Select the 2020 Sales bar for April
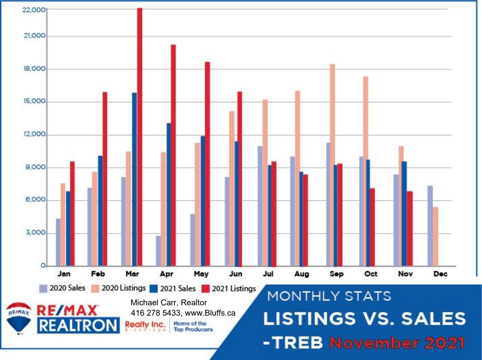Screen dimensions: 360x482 click(x=158, y=251)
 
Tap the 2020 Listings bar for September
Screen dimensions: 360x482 click(x=332, y=165)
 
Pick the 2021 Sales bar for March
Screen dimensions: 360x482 click(x=134, y=179)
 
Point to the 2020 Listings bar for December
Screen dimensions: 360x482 click(x=436, y=237)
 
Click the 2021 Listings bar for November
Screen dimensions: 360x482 click(x=410, y=229)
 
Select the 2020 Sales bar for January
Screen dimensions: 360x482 click(x=58, y=242)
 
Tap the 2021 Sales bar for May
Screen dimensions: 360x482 click(x=203, y=201)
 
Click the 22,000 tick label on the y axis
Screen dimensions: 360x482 click(x=34, y=10)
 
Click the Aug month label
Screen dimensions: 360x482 click(x=301, y=274)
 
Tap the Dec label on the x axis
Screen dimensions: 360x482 click(x=440, y=274)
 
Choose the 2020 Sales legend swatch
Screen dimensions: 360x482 click(x=43, y=288)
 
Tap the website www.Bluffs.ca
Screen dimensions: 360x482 click(x=210, y=313)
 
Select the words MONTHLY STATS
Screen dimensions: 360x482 click(x=329, y=296)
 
